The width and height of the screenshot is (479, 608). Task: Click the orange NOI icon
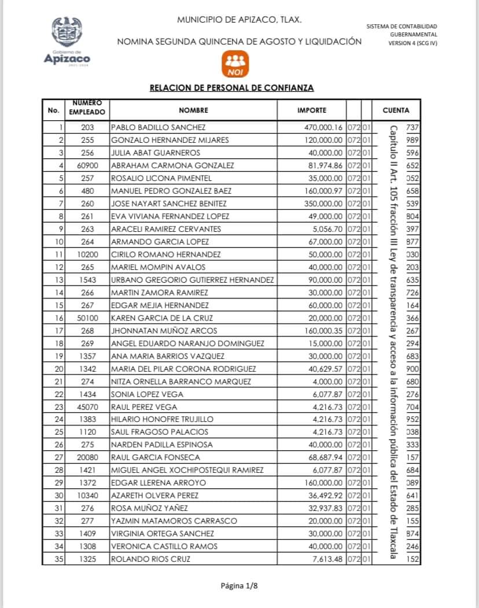235,64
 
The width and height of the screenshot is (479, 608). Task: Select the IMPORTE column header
312,110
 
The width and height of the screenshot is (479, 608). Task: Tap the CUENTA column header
396,110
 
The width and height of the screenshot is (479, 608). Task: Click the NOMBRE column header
193,110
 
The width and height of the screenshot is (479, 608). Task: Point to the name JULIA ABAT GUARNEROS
156,153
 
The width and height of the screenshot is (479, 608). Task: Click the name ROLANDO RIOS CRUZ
150,559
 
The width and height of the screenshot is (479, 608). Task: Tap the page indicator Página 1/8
239,586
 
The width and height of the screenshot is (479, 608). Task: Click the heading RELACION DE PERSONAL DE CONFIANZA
231,88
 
